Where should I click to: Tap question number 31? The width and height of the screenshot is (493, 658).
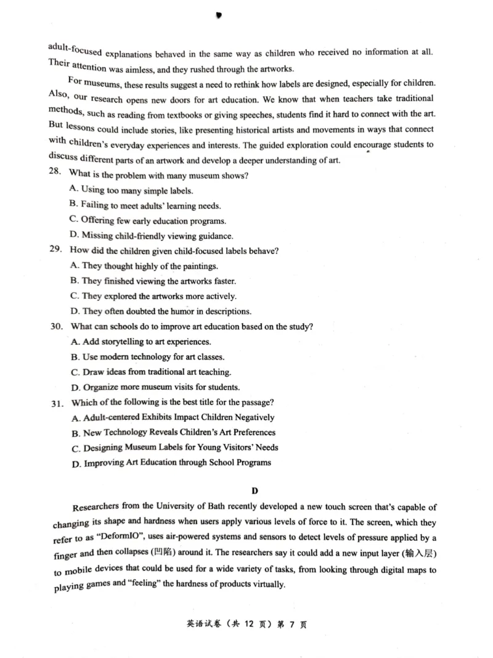pyautogui.click(x=58, y=403)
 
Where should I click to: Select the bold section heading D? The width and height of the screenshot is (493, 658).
pyautogui.click(x=254, y=491)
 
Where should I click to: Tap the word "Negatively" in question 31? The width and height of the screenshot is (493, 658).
pyautogui.click(x=253, y=417)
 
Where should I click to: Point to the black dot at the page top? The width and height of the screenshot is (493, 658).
pyautogui.click(x=219, y=15)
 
